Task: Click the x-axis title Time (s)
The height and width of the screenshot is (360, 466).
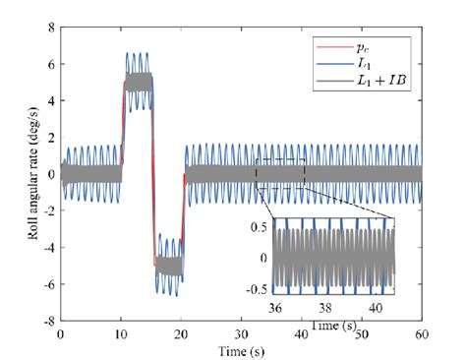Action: click(x=242, y=349)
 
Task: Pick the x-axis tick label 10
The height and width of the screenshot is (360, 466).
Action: click(x=121, y=334)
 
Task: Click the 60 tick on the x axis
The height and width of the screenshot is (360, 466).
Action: click(x=422, y=334)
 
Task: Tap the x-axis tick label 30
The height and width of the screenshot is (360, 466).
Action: click(x=242, y=334)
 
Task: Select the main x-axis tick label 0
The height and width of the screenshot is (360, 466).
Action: click(x=61, y=334)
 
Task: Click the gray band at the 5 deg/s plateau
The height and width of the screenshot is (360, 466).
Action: click(x=137, y=83)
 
